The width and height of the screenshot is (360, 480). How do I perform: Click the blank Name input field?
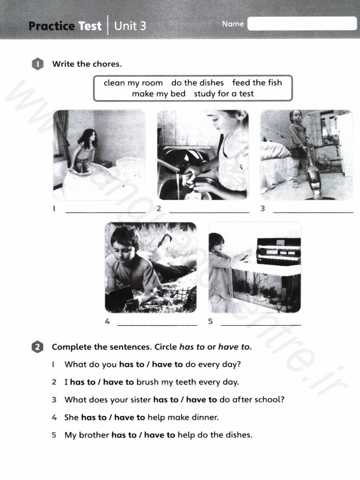(x=302, y=23)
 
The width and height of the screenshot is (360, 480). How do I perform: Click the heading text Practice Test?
(x=65, y=26)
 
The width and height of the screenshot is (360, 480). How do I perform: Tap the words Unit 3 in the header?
(x=130, y=26)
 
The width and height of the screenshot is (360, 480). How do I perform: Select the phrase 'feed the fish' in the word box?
(x=257, y=83)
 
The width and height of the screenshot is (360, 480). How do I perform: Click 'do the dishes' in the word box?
(x=197, y=83)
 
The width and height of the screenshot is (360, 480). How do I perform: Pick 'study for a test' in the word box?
(x=224, y=94)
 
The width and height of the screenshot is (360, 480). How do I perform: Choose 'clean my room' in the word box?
(x=133, y=83)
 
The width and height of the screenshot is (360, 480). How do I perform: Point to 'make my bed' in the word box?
(x=158, y=94)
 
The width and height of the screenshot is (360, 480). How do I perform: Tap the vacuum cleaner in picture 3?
(x=313, y=176)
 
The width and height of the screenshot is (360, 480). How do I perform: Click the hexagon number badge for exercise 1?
(x=37, y=64)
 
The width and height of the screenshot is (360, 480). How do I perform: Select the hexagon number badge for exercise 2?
(x=37, y=347)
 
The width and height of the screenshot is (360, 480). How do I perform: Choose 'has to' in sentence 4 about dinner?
(x=94, y=417)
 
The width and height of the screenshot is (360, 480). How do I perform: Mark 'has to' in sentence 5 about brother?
(x=124, y=435)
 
